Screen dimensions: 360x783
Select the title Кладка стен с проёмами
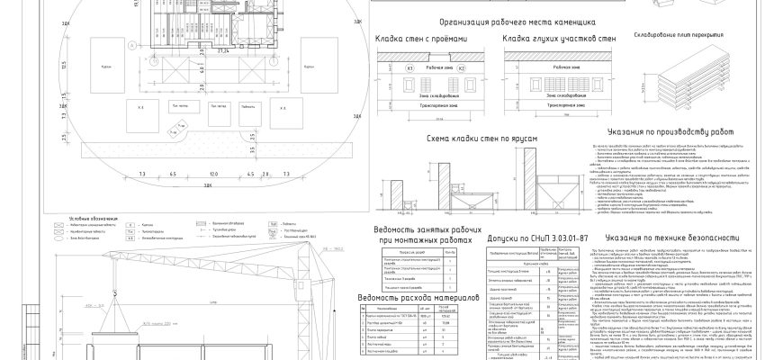(x=418, y=39)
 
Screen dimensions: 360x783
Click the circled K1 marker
(x=384, y=68)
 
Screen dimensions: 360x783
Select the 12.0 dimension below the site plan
(x=214, y=173)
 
